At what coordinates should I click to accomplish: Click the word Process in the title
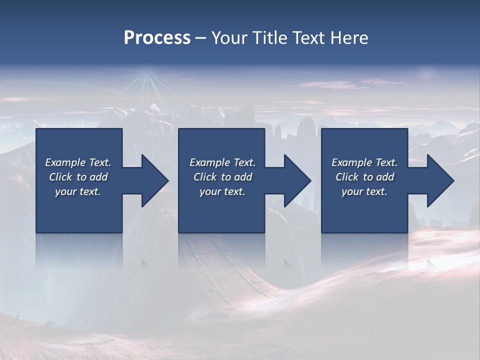tap(157, 38)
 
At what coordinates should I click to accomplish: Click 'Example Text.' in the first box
tap(78, 162)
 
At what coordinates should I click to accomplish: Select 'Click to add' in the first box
tap(78, 177)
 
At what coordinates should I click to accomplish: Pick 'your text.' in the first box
tap(78, 191)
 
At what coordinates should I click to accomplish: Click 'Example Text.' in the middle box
tap(222, 162)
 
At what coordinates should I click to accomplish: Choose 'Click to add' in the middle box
tap(222, 177)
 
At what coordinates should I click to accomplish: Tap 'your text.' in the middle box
tap(222, 191)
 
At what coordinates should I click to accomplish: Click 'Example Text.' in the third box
tap(364, 162)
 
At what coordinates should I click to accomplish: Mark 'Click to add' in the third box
tap(364, 177)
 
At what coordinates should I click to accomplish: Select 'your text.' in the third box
tap(364, 191)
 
